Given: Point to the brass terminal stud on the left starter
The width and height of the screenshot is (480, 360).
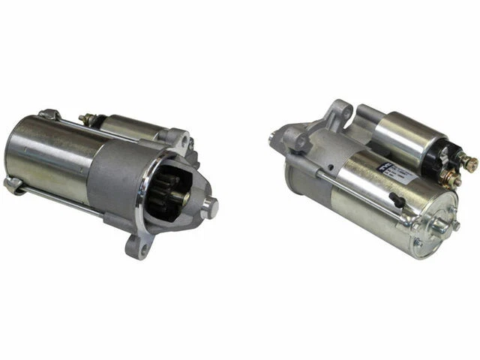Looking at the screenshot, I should coord(83,118).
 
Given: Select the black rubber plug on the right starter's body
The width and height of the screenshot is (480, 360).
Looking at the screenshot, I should coord(397,199).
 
